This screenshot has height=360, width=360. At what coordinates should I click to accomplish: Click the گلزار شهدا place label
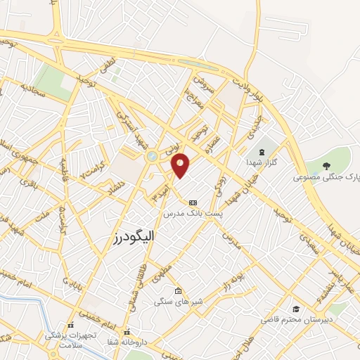point(267,162)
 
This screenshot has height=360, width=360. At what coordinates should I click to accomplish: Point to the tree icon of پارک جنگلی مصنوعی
point(325,165)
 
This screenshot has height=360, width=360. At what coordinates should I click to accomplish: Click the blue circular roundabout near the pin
point(153,157)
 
